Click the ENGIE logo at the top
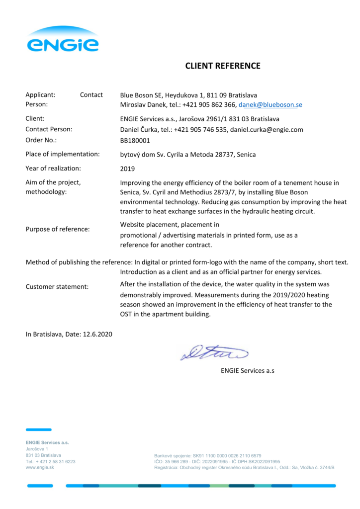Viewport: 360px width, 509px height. tap(63, 40)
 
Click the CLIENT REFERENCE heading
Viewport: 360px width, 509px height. tap(223, 66)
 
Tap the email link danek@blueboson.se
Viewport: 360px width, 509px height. tap(270, 105)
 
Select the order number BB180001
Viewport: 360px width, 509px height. tap(135, 140)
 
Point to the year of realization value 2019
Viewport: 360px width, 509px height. tap(128, 169)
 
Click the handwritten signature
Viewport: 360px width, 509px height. tap(214, 352)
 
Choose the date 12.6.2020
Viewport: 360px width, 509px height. tap(96, 334)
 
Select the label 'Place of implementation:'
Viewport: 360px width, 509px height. tap(63, 154)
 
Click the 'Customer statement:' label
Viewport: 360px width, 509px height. tap(57, 287)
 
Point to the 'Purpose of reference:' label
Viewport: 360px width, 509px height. tap(58, 229)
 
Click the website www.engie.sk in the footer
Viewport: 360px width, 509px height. tap(40, 468)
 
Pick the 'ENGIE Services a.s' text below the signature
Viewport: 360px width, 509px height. tap(248, 371)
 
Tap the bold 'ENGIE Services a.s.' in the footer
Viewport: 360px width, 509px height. tap(47, 442)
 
